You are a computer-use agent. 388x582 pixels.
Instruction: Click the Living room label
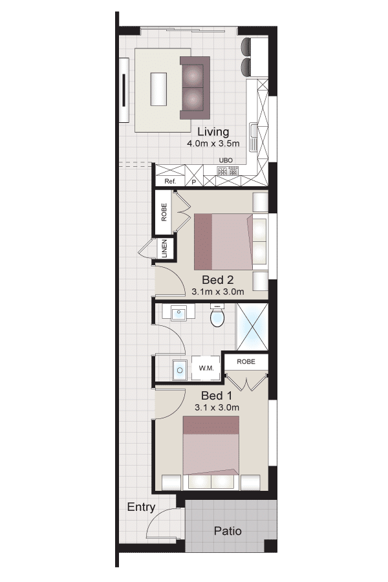click(x=213, y=132)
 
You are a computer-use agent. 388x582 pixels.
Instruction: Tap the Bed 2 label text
click(x=217, y=279)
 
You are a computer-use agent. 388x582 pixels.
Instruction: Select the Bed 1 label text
click(x=217, y=395)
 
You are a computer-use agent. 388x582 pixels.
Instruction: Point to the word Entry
click(x=141, y=508)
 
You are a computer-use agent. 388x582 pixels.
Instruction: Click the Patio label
click(x=228, y=531)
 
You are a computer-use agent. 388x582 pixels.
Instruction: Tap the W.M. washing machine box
click(x=206, y=368)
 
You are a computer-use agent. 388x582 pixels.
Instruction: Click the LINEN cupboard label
click(x=164, y=248)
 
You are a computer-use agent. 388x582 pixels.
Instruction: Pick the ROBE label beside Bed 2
click(x=164, y=212)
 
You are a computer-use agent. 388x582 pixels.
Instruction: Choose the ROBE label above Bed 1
click(x=246, y=361)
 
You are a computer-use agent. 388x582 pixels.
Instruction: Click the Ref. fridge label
click(x=170, y=182)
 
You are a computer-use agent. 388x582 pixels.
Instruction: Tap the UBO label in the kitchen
click(x=226, y=160)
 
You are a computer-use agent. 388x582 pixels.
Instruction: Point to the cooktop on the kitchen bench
click(x=228, y=171)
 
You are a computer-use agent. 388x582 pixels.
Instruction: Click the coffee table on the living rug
click(x=158, y=89)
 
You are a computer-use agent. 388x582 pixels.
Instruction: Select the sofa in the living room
click(x=195, y=88)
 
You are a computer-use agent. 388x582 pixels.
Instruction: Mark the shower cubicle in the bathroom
click(x=252, y=327)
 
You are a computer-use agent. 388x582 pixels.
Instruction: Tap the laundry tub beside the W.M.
click(x=180, y=370)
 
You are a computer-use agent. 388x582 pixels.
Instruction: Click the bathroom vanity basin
click(x=178, y=312)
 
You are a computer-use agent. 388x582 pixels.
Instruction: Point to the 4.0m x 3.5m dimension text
click(x=213, y=144)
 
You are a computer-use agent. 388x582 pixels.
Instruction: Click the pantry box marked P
click(x=194, y=175)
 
